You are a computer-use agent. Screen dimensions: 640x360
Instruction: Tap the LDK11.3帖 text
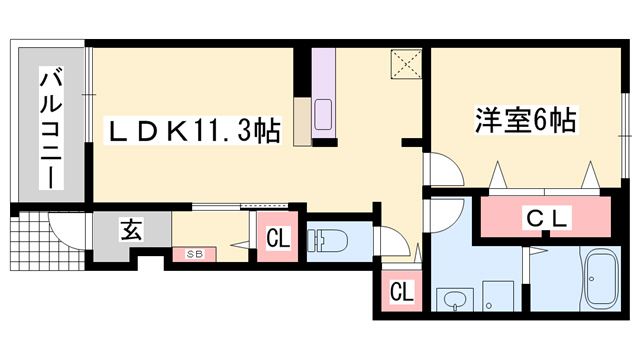pyautogui.click(x=194, y=129)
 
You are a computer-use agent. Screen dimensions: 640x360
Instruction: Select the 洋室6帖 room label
pyautogui.click(x=524, y=121)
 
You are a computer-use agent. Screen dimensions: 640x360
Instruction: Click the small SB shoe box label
pyautogui.click(x=194, y=254)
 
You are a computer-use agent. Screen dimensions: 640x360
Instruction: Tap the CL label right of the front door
pyautogui.click(x=401, y=293)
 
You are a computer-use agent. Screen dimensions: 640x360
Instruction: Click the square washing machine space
pyautogui.click(x=498, y=295)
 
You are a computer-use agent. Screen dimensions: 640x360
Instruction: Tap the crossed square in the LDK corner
pyautogui.click(x=406, y=66)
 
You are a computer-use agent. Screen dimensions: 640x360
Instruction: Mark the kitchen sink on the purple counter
pyautogui.click(x=327, y=114)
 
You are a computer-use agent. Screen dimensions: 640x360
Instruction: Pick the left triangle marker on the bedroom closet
pyautogui.click(x=497, y=176)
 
